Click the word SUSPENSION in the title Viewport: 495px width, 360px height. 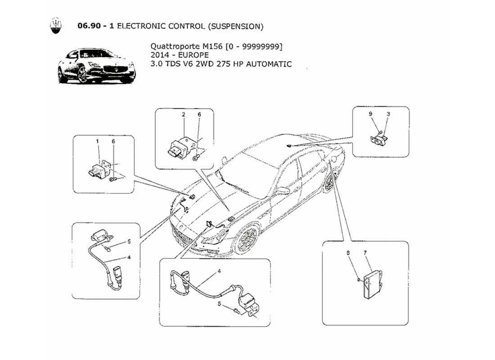[235, 26]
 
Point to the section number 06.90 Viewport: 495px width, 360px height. [91, 26]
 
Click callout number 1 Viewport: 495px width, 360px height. [97, 141]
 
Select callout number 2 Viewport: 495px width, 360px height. [184, 115]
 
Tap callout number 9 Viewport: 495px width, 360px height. [371, 114]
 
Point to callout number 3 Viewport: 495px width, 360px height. [388, 114]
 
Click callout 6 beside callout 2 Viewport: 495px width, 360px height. [199, 115]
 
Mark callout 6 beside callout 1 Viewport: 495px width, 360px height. [113, 141]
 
